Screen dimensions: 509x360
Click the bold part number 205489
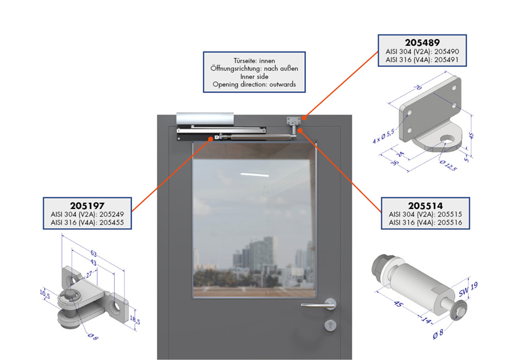[422, 42]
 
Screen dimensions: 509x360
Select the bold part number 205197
[87, 205]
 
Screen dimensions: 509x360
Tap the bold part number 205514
[425, 205]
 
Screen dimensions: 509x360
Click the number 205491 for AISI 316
[447, 60]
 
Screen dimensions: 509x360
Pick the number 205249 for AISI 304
[111, 215]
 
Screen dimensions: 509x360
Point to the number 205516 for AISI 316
[450, 222]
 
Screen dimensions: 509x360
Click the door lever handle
[319, 305]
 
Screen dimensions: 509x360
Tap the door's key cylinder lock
[330, 325]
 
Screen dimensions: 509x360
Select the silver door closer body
[205, 119]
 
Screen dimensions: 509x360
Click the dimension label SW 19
[468, 289]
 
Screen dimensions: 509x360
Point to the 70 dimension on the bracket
[418, 87]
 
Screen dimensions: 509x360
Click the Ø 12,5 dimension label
[448, 166]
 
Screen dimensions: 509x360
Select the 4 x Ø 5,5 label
[383, 136]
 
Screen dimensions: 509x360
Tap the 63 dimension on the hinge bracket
[93, 254]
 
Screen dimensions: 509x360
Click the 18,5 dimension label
[135, 320]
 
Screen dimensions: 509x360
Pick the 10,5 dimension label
[45, 294]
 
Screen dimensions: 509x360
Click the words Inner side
[254, 76]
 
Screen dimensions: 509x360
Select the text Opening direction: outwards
[254, 84]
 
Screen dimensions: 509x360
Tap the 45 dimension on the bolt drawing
[398, 304]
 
